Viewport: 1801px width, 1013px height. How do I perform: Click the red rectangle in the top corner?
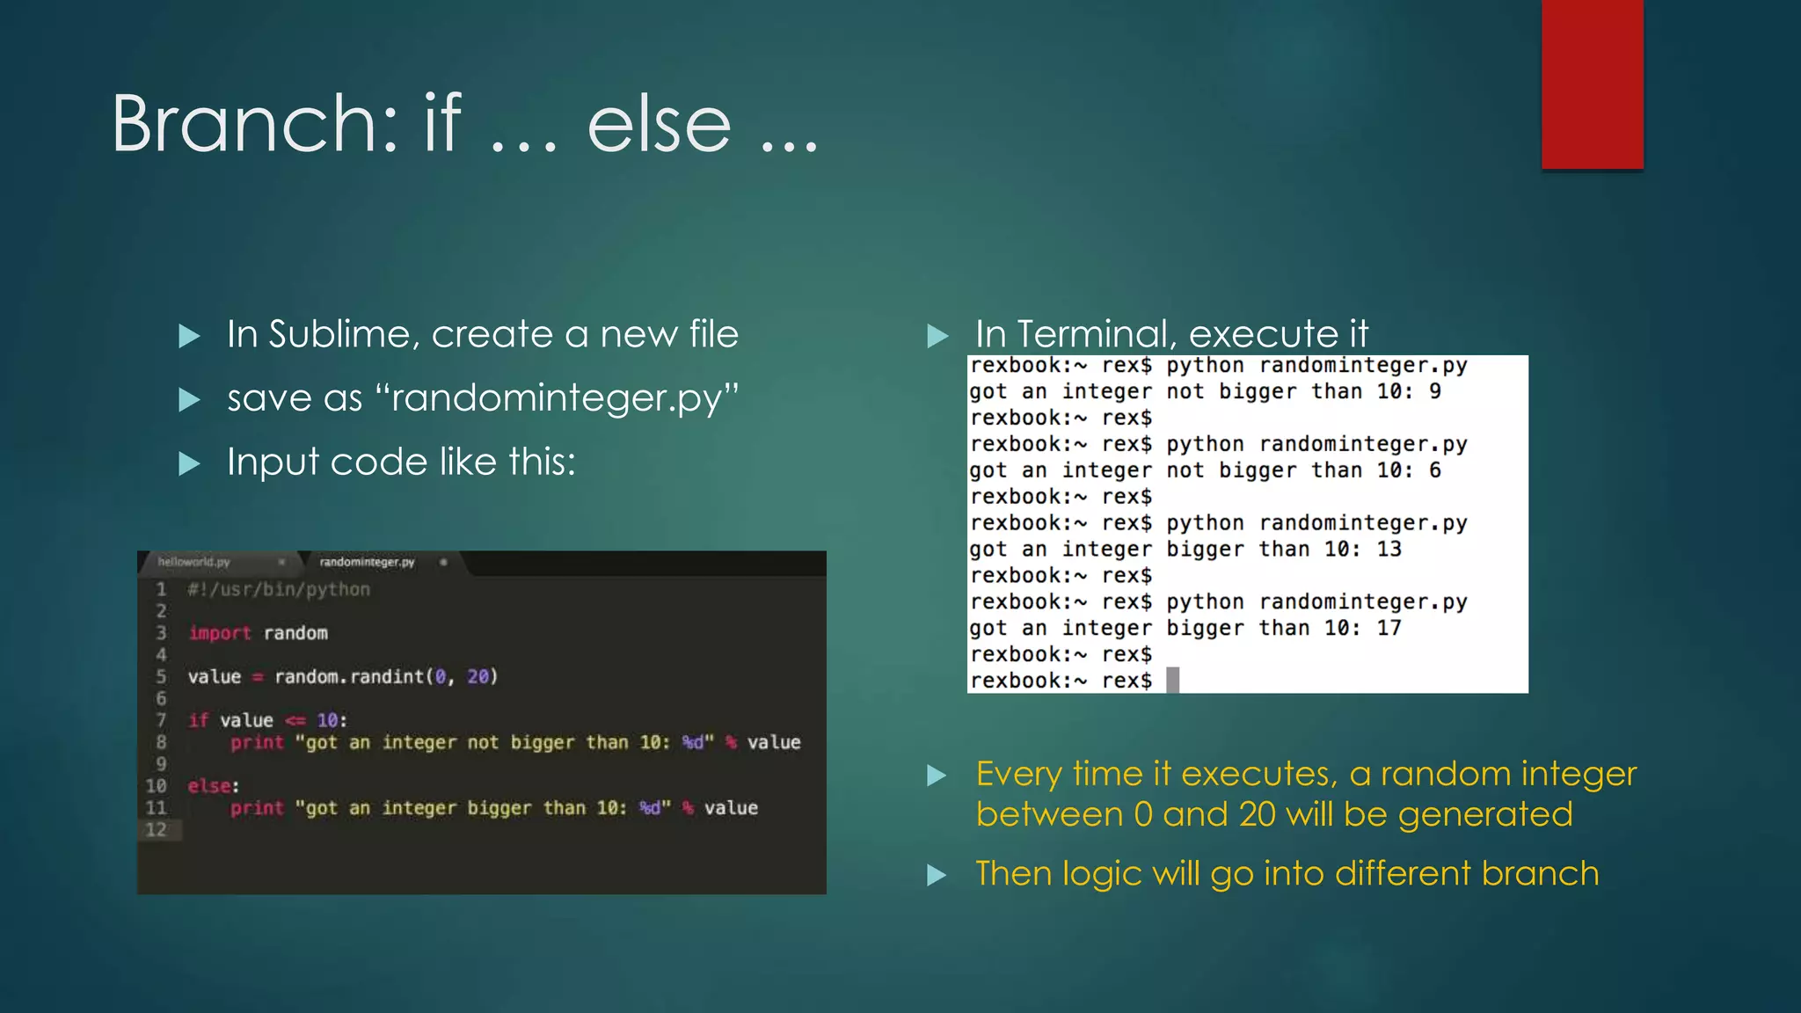(1592, 84)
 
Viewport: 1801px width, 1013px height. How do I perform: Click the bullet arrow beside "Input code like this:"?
(189, 463)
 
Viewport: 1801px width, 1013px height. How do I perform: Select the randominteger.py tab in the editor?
(367, 562)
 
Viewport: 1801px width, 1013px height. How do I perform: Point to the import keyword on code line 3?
(219, 633)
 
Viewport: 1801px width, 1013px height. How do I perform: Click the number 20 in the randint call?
(478, 676)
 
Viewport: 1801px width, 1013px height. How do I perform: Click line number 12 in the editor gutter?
(156, 829)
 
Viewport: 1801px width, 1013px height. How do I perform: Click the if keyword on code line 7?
(198, 720)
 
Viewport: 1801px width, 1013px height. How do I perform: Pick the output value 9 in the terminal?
(1435, 391)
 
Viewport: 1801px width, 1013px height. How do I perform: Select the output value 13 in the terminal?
(1389, 550)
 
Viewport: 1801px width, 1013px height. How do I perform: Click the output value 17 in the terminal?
(1389, 629)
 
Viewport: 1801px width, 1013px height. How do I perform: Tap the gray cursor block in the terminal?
(1172, 680)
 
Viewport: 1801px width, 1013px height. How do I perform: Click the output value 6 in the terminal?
(1435, 470)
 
